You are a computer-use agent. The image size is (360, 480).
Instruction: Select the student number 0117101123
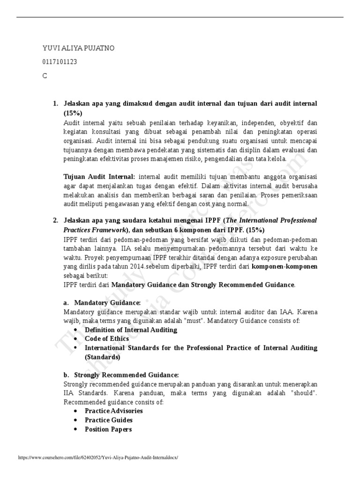[x=60, y=62]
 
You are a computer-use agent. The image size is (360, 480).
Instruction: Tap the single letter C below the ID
[x=45, y=75]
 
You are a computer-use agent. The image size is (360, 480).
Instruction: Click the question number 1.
[x=55, y=103]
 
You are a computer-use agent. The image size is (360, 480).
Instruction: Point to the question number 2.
[x=55, y=220]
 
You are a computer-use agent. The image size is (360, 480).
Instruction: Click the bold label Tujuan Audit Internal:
[x=99, y=177]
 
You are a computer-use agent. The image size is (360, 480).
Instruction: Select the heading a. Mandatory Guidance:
[x=102, y=303]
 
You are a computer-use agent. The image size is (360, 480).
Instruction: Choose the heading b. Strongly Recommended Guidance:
[x=121, y=375]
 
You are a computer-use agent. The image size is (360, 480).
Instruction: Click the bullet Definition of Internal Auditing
[x=131, y=330]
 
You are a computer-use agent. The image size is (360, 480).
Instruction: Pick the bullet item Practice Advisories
[x=114, y=411]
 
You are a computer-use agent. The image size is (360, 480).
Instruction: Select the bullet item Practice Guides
[x=109, y=420]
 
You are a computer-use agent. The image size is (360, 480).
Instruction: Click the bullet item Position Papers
[x=108, y=429]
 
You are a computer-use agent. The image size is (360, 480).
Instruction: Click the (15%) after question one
[x=73, y=113]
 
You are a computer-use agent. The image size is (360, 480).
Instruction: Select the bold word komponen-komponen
[x=285, y=267]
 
